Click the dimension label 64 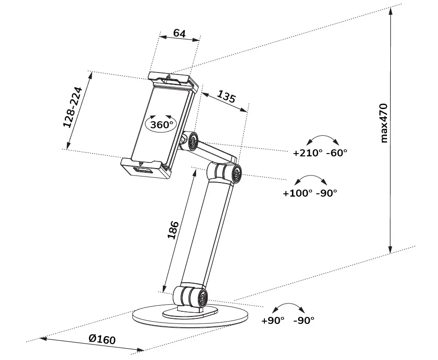[x=179, y=33]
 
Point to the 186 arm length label [x=173, y=230]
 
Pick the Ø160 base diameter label [x=102, y=339]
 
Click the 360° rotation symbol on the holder [x=161, y=125]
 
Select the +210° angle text [x=307, y=153]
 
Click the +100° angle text [x=298, y=193]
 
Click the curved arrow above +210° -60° [x=321, y=140]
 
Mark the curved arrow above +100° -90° [x=312, y=180]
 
